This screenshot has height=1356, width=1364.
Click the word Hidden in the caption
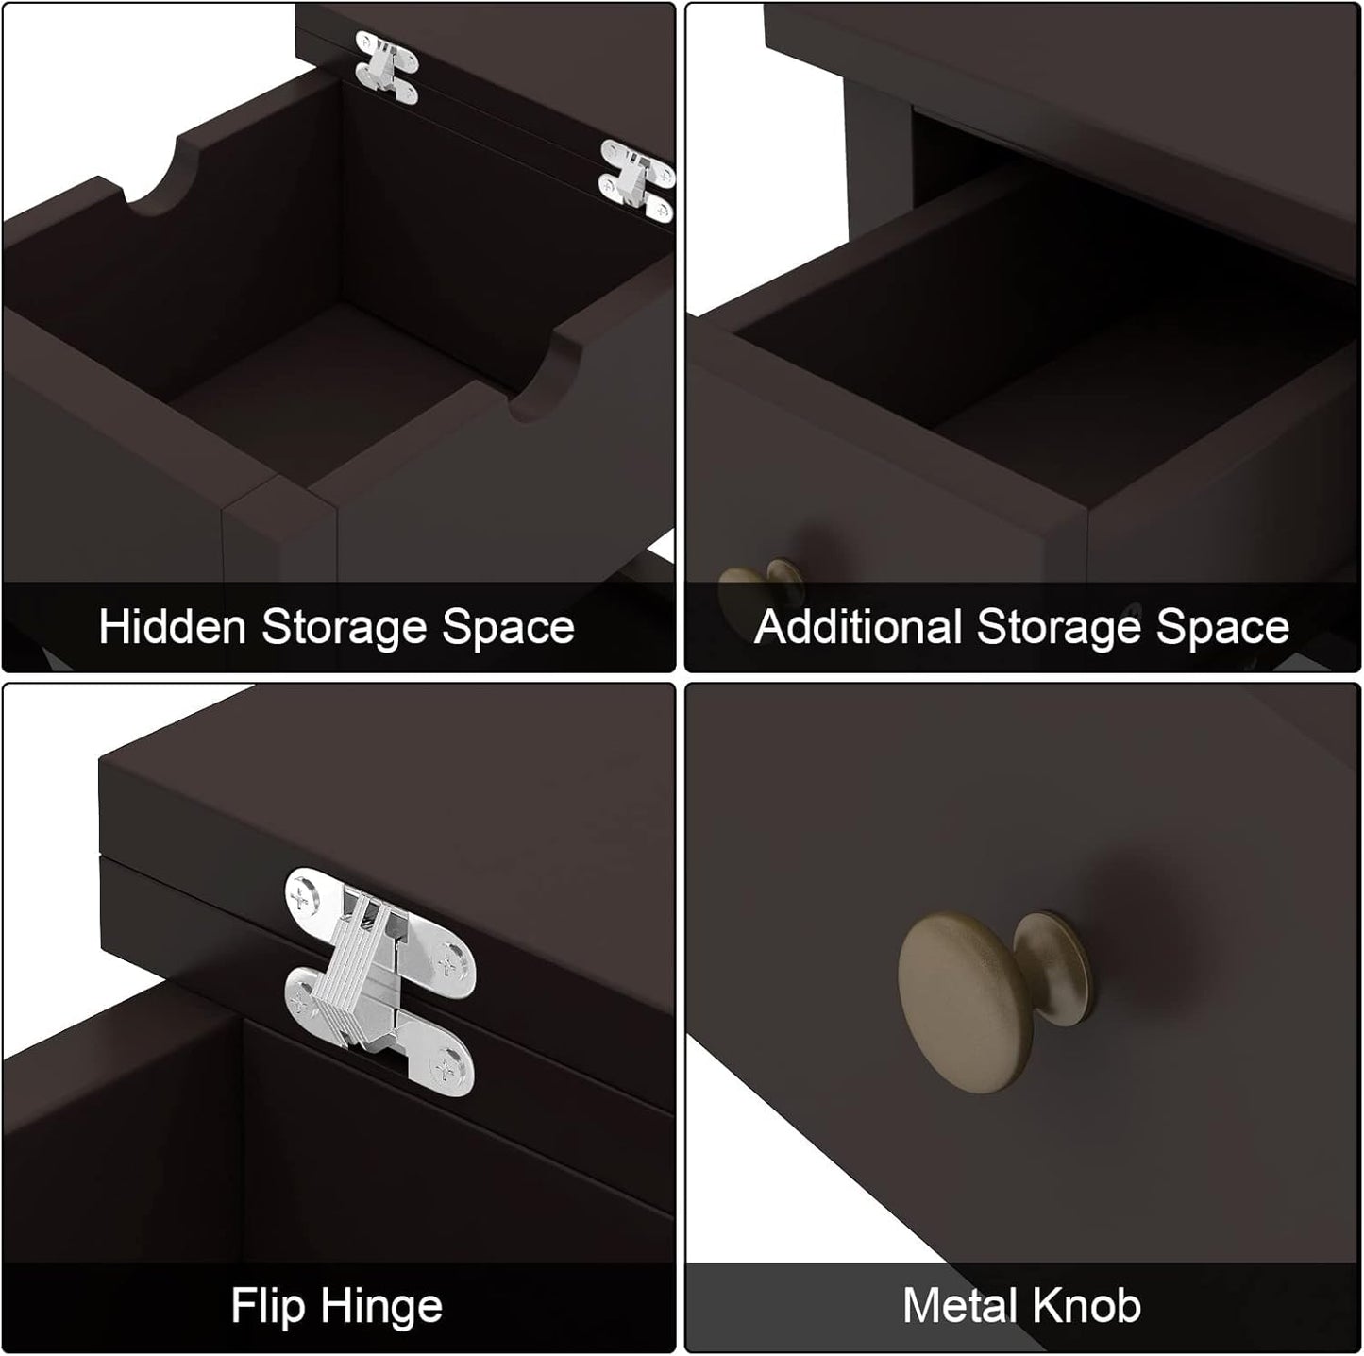172,627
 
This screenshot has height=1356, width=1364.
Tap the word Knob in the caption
1086,1305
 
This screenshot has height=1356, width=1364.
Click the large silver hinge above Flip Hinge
380,982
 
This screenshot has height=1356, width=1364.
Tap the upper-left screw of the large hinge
300,899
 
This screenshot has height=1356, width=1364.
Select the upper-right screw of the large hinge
447,963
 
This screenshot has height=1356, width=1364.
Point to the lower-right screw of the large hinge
447,1070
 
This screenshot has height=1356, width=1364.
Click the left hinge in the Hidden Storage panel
386,67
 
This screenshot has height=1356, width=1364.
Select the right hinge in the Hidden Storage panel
637,180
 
